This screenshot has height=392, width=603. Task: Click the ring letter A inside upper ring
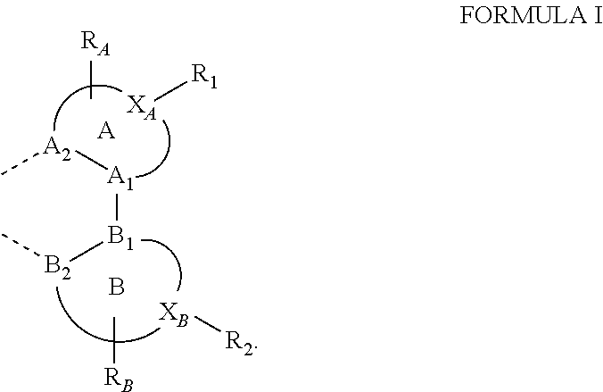coord(106,132)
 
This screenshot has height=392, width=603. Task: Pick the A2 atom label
coord(58,149)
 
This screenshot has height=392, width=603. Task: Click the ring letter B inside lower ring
coord(115,288)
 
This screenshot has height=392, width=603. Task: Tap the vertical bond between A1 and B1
coord(118,207)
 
